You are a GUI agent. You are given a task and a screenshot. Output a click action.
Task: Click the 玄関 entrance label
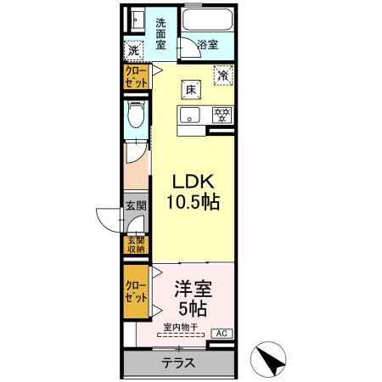(136, 205)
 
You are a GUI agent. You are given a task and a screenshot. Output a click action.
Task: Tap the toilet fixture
(134, 118)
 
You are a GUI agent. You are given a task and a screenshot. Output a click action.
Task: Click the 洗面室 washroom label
(161, 32)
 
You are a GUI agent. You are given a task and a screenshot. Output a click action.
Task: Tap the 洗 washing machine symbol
(134, 51)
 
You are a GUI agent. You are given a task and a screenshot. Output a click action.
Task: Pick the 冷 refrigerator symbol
(222, 75)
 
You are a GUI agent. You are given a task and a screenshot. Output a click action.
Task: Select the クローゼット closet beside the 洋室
(136, 293)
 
